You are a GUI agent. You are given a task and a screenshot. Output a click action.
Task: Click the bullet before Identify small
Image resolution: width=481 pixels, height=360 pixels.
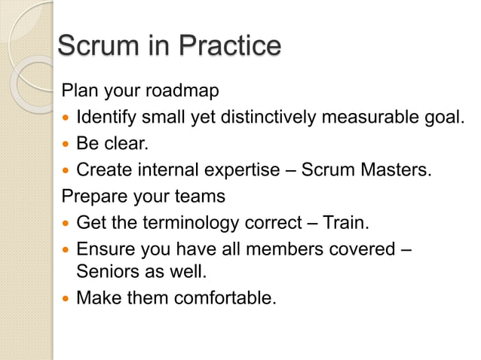pyautogui.click(x=66, y=118)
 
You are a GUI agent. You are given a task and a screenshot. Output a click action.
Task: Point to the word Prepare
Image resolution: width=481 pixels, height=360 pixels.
pyautogui.click(x=91, y=196)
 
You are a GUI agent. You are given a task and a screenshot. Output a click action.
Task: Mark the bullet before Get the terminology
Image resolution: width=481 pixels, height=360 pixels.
pyautogui.click(x=66, y=223)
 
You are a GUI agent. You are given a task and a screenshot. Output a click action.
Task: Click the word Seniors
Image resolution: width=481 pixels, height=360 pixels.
pyautogui.click(x=106, y=271)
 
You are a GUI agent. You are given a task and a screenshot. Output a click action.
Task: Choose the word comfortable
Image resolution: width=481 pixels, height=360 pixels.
pyautogui.click(x=225, y=297)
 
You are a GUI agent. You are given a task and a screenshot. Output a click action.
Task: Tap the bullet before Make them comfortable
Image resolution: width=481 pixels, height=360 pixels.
pyautogui.click(x=66, y=298)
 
